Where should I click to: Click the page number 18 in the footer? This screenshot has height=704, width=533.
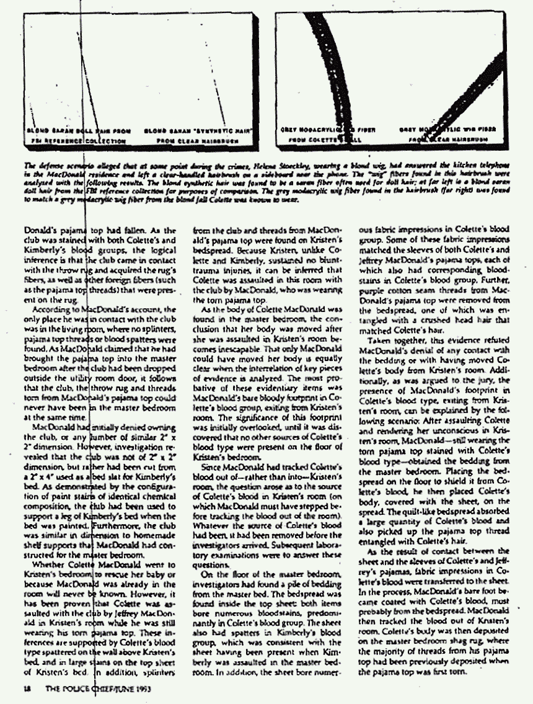(26, 688)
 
